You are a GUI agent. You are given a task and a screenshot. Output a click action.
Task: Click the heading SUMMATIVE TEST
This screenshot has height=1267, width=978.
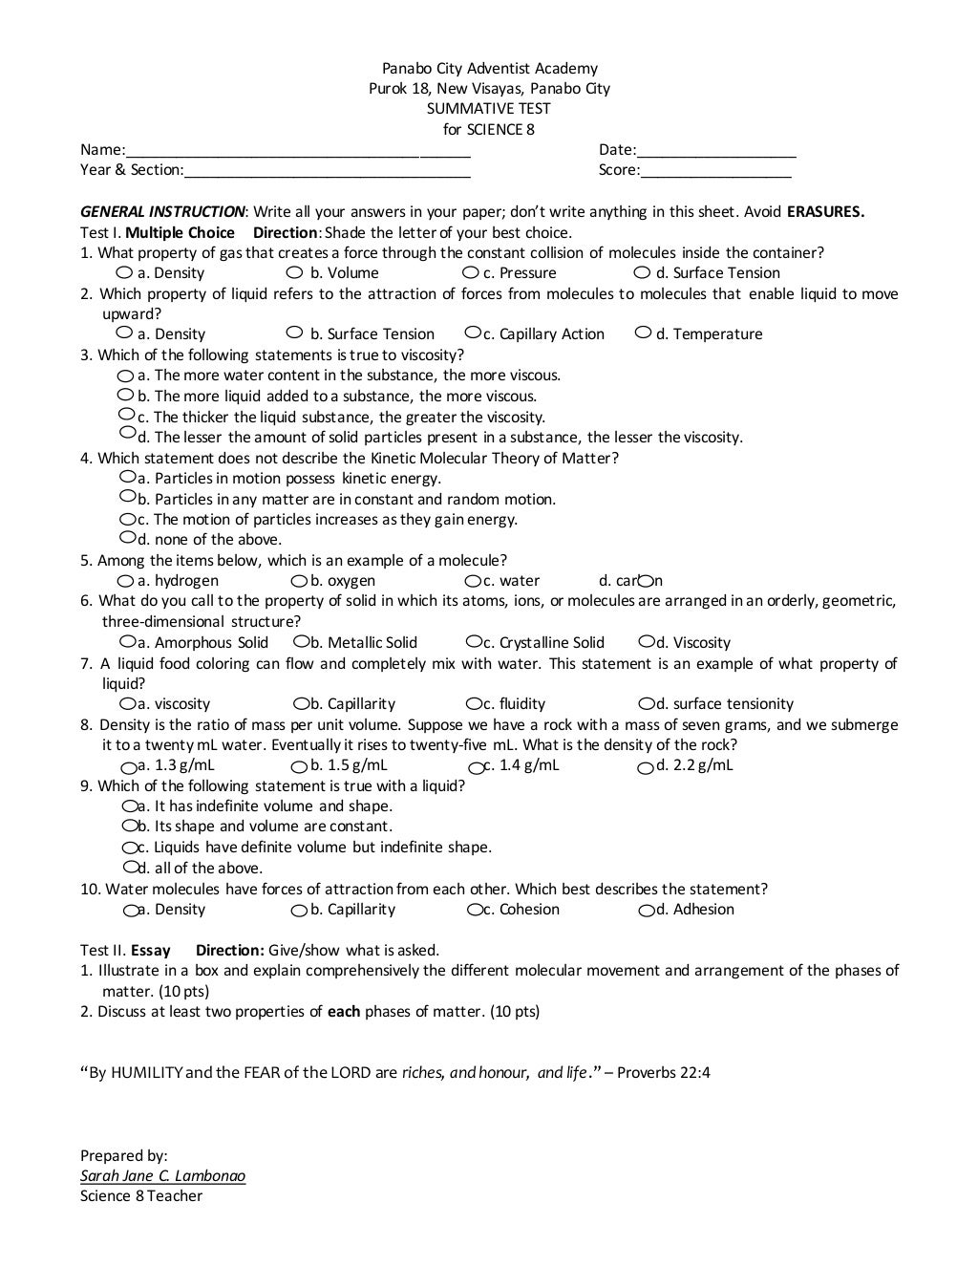coord(488,109)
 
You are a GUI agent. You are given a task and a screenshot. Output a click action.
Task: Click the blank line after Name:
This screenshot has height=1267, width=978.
coord(298,151)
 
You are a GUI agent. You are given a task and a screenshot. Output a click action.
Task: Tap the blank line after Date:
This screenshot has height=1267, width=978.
coord(716,151)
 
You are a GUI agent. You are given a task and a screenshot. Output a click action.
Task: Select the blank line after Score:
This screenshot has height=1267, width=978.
coord(716,171)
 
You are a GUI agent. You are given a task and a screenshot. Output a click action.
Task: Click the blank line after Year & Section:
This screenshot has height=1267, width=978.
coord(327,171)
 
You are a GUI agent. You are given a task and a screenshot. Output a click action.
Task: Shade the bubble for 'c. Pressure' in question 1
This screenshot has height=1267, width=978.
coord(470,273)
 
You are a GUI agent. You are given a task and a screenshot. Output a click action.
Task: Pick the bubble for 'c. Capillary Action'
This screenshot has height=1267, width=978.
coord(473,333)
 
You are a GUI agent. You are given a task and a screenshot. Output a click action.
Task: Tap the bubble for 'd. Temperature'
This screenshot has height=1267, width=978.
coord(644,333)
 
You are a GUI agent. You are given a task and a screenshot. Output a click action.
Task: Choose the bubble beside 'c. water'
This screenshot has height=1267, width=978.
coord(473,581)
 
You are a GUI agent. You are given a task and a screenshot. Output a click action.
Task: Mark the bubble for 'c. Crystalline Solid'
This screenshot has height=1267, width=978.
coord(474,642)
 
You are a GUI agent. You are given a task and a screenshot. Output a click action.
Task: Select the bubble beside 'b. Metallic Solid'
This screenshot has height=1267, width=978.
coord(301,642)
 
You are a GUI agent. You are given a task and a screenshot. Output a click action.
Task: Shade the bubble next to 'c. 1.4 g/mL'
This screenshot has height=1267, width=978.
coord(476,767)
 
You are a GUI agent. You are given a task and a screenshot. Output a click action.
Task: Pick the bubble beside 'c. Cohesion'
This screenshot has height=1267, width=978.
coord(475,911)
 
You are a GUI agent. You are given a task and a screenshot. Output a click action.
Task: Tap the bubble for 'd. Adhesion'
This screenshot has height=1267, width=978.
coord(647,911)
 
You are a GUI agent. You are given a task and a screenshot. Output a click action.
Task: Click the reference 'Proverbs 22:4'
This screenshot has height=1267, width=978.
coord(663,1072)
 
